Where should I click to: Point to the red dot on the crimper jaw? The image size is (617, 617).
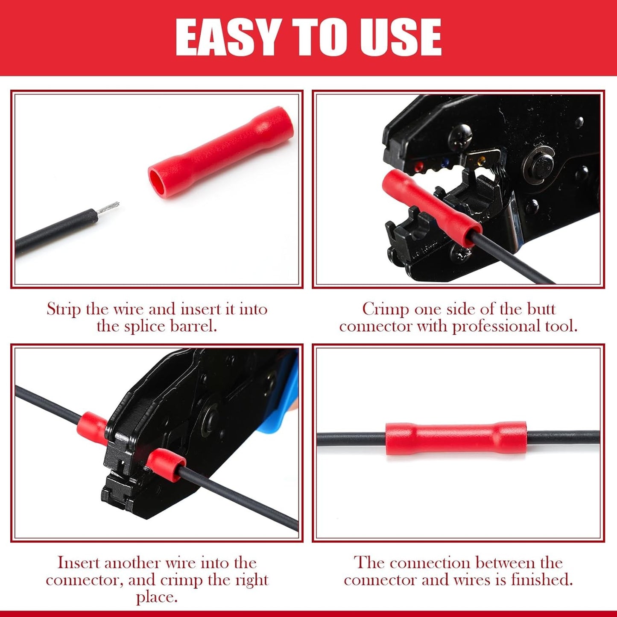(x=418, y=167)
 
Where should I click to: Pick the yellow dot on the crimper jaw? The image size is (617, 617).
(x=480, y=159)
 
